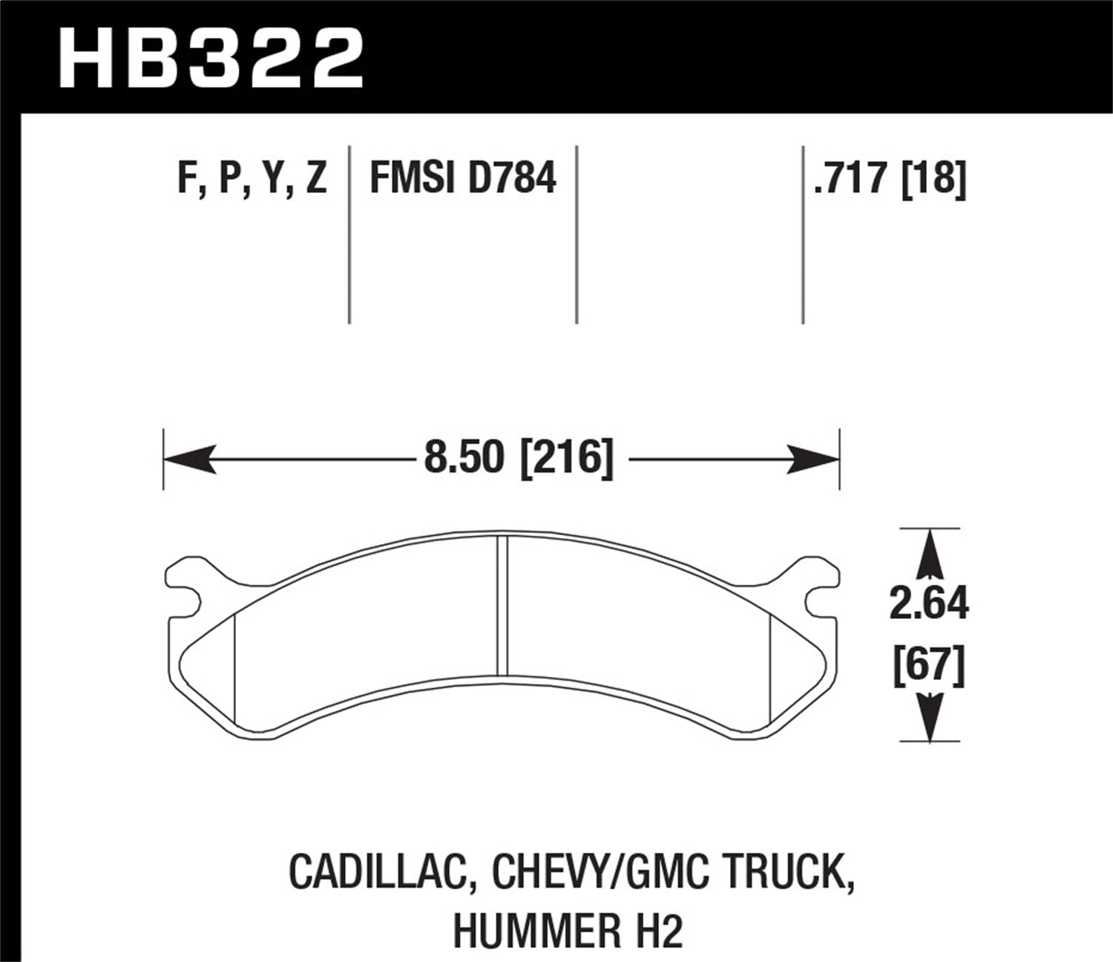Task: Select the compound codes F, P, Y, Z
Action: click(252, 180)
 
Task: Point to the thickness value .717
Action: click(852, 180)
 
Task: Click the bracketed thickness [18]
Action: click(933, 180)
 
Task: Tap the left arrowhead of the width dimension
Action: click(185, 459)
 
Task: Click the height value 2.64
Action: click(929, 604)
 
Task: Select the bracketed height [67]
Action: click(929, 665)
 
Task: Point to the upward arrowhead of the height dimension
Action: click(929, 553)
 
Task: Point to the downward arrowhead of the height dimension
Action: click(929, 716)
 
